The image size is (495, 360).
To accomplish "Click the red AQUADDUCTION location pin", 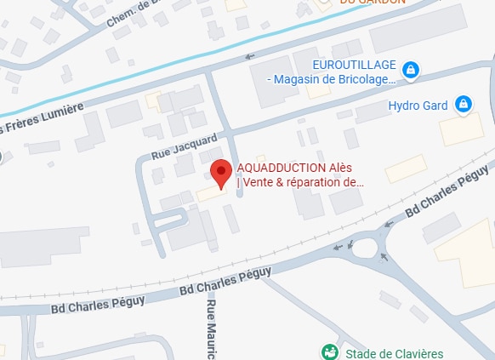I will click(x=221, y=172).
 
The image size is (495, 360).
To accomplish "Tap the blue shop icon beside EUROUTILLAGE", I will click(x=411, y=69).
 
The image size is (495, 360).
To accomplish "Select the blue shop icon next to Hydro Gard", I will click(x=463, y=106).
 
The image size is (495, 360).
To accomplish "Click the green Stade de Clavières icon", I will click(x=329, y=351).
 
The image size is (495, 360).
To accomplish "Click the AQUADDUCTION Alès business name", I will click(x=293, y=167).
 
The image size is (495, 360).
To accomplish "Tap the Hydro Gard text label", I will click(x=417, y=106).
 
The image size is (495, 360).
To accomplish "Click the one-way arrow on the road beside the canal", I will click(x=249, y=57).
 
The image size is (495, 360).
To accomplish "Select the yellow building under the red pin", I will click(x=213, y=194).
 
